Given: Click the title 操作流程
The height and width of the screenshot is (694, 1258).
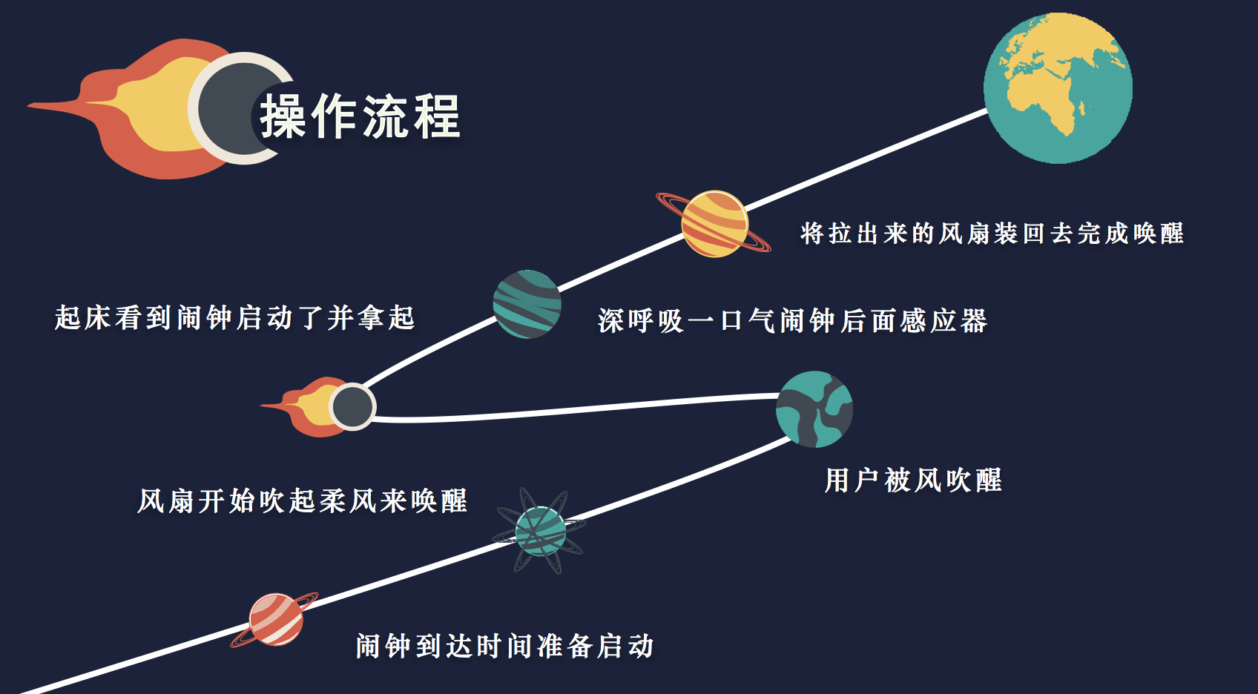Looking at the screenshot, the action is [x=360, y=116].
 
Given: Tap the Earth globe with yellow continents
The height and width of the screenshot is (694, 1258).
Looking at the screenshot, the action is [x=1058, y=88].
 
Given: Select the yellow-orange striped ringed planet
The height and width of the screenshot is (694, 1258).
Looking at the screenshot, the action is [x=714, y=223].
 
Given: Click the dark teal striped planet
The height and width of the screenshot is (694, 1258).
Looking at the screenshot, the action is [x=527, y=304].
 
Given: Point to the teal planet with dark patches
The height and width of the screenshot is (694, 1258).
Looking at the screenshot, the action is [x=814, y=409].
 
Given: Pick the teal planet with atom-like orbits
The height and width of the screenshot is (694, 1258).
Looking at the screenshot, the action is [x=540, y=531].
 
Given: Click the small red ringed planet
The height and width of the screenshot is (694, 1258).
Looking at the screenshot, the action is [x=276, y=620].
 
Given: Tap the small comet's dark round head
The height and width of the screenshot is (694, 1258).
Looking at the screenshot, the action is [x=352, y=406].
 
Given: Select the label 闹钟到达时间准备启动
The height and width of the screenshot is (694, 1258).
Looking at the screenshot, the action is [x=505, y=647].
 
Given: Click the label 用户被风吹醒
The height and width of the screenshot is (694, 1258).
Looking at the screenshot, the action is [x=913, y=480].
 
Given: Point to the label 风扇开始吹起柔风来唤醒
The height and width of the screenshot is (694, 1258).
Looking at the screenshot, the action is [x=303, y=500].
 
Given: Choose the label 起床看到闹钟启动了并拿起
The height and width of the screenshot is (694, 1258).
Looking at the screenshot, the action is [x=234, y=318].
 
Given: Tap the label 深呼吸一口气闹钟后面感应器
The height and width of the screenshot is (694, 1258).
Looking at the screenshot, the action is [x=792, y=321].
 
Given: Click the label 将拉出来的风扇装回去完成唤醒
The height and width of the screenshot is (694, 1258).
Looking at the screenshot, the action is [x=992, y=234].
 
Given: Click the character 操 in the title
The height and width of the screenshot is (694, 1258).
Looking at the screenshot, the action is [x=283, y=116].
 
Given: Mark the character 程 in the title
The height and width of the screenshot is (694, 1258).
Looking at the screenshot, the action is [x=438, y=116].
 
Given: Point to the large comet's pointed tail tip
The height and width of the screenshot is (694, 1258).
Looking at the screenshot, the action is [x=29, y=105].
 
